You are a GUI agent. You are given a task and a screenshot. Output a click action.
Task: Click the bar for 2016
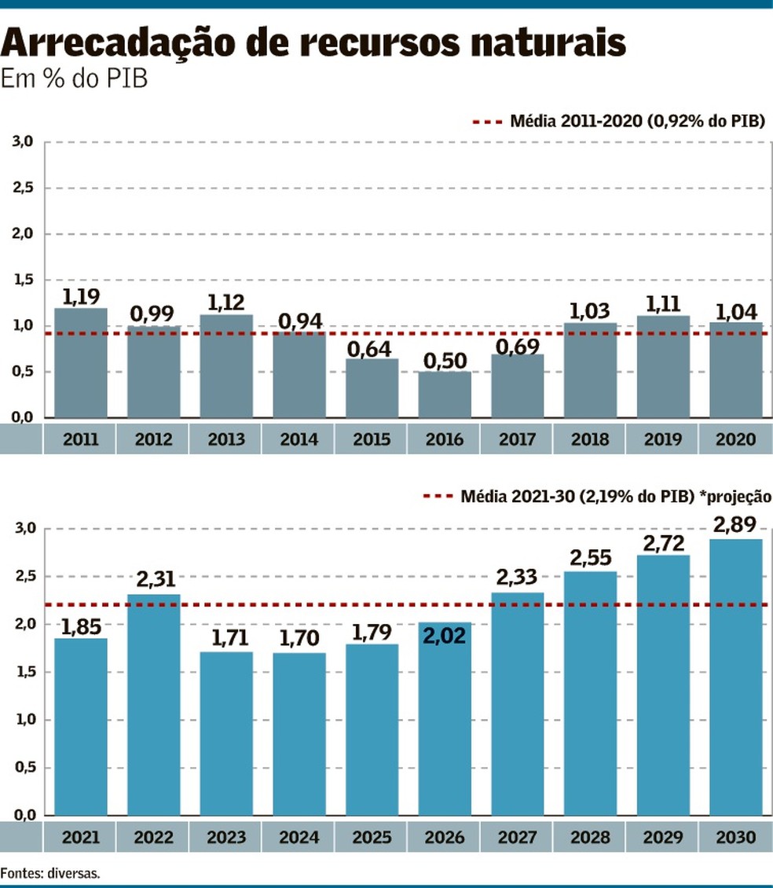click(x=445, y=395)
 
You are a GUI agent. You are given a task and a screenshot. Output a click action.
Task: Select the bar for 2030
click(x=735, y=676)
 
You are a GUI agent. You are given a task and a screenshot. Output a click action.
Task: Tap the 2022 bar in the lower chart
click(x=153, y=703)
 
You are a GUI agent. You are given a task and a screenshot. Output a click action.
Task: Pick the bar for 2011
click(x=81, y=362)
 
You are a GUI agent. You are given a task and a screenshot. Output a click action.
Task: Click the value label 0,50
click(x=445, y=361)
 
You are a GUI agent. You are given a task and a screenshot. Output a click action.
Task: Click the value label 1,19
click(x=81, y=297)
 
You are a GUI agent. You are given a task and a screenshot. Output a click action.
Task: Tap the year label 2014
click(x=299, y=439)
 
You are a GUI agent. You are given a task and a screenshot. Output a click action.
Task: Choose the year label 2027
click(x=517, y=838)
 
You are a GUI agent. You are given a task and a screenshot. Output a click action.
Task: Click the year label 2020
click(x=735, y=439)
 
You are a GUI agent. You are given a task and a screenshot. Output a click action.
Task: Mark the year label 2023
click(x=225, y=838)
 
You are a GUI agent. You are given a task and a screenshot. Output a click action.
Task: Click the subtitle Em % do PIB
click(x=75, y=79)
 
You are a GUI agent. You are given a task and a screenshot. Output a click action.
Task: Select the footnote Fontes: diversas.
click(x=50, y=871)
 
